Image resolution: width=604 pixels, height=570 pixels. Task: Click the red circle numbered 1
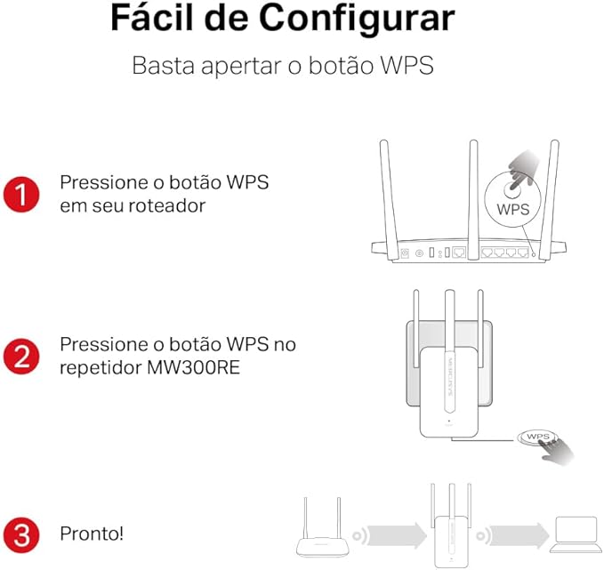(21, 195)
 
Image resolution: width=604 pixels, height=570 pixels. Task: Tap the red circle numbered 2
(21, 357)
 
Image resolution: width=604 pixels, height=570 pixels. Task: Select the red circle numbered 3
(21, 535)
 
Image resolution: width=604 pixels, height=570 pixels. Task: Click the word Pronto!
(92, 534)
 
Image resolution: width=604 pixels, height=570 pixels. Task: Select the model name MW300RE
(193, 367)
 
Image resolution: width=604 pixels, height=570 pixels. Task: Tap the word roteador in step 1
(166, 205)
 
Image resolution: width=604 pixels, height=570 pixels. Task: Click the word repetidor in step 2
(101, 368)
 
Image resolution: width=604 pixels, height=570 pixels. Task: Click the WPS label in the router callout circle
(513, 210)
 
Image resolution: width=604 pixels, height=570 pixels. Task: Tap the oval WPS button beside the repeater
(537, 437)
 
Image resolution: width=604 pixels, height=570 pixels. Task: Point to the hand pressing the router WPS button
(523, 169)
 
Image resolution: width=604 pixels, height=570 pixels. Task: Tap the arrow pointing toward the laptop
(516, 535)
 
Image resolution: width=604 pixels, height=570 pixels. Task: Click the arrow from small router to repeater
(395, 535)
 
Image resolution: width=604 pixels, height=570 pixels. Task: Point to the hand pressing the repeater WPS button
(555, 452)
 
